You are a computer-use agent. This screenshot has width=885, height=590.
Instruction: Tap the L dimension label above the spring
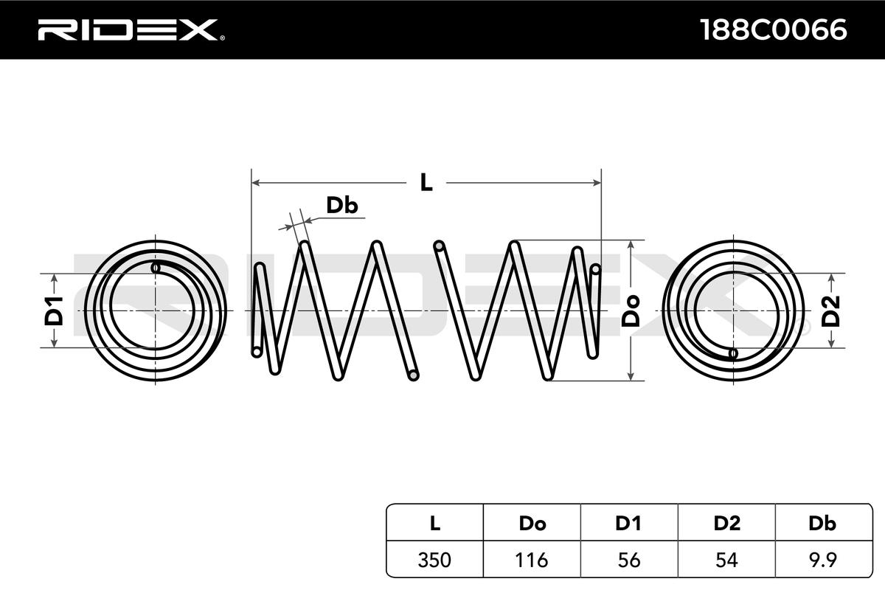(426, 182)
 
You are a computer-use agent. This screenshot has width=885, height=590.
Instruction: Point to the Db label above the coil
(341, 206)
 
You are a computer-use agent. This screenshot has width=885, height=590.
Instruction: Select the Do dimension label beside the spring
(631, 310)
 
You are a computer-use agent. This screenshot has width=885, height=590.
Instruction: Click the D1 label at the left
(55, 310)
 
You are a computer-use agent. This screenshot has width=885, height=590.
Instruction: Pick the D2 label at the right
(831, 310)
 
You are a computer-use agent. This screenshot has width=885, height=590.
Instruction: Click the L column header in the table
(435, 524)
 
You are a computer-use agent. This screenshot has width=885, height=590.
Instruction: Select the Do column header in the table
(532, 524)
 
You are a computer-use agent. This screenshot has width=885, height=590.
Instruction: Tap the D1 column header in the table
(628, 524)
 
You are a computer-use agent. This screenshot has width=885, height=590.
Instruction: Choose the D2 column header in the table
(726, 524)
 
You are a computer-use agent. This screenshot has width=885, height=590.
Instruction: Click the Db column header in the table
(822, 524)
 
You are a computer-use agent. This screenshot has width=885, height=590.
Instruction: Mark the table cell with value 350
(435, 560)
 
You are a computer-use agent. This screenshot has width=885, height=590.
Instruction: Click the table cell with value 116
(532, 560)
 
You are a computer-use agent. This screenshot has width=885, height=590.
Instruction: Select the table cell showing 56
(628, 560)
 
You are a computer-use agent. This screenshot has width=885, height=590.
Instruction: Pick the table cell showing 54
(726, 560)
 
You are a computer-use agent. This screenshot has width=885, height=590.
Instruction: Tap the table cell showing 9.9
(822, 560)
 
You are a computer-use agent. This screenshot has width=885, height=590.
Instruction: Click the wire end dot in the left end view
(156, 268)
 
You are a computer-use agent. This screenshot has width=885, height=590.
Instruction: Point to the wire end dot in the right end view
(733, 353)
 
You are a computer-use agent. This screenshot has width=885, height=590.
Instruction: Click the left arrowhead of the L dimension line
(255, 181)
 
